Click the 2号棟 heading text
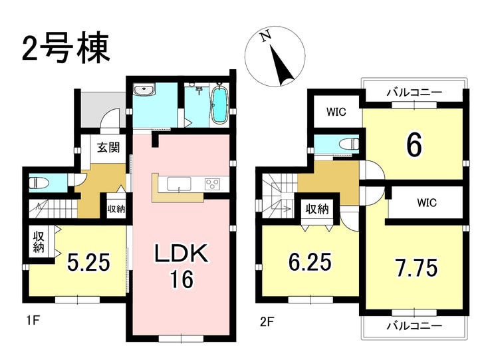point(66,48)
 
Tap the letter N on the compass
point(267,36)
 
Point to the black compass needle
point(282,65)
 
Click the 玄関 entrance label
point(108,147)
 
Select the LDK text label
point(182,253)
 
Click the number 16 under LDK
point(182,279)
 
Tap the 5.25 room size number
point(88,262)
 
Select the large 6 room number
point(414,146)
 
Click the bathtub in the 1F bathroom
point(219,104)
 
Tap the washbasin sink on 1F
point(144,90)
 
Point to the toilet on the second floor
point(349,144)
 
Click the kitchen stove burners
point(213,184)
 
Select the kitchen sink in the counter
point(179,184)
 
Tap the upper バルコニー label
point(414,92)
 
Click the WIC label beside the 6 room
point(336,112)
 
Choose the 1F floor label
point(32,321)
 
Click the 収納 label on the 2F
point(317,209)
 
